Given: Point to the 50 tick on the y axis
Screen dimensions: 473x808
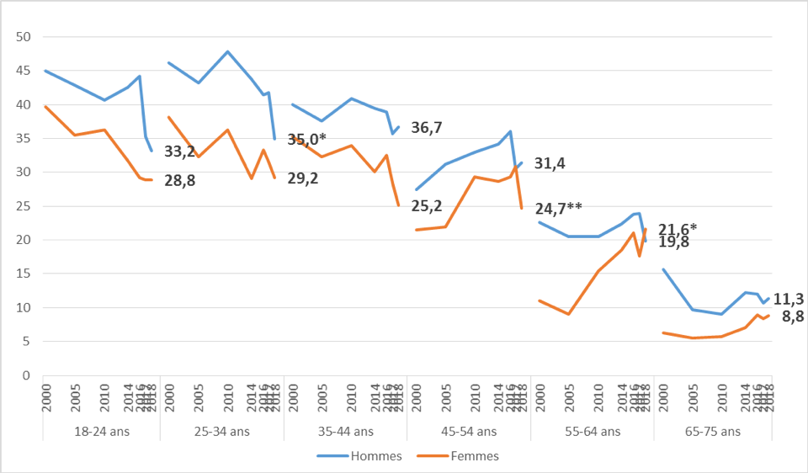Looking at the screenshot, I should tap(24, 37).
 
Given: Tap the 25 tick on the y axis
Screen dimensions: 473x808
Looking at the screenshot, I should tap(24, 206).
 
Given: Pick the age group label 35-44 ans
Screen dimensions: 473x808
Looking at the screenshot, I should tap(345, 432).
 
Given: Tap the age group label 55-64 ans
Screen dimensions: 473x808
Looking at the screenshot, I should tap(591, 432).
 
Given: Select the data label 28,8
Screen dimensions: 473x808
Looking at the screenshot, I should tap(179, 180).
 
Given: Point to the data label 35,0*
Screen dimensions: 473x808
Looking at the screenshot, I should tap(308, 140).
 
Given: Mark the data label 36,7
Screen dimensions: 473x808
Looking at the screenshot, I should tap(427, 128).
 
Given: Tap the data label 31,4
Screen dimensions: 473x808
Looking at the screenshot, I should tap(550, 163).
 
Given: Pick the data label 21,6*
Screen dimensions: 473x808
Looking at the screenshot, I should tap(678, 230).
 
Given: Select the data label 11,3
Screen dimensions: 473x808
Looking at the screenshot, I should tap(789, 298).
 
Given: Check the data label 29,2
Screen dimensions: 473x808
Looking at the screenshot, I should tap(303, 178).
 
